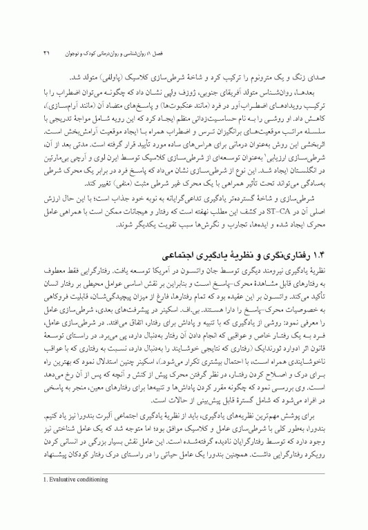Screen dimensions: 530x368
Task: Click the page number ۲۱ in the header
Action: [x=48, y=52]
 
